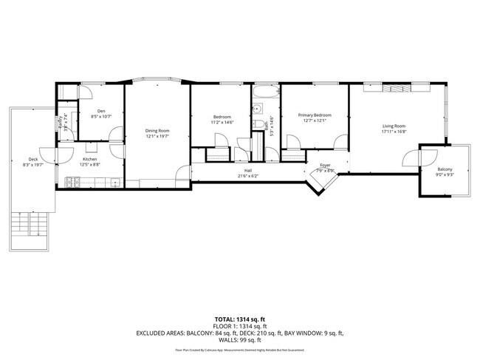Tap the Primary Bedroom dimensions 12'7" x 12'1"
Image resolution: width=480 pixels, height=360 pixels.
pos(315,121)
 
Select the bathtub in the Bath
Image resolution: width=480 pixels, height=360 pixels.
pos(264,95)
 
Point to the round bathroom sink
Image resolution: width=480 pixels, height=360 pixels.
pos(256,108)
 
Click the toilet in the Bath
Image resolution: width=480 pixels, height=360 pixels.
pos(257,124)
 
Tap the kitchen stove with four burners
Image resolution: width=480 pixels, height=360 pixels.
pos(70,181)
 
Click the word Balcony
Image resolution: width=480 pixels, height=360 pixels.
pos(434,169)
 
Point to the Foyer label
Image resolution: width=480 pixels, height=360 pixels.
pos(325,166)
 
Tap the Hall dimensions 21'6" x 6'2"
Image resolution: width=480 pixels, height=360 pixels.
pos(247,176)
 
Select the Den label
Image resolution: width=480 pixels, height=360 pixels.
pos(100,111)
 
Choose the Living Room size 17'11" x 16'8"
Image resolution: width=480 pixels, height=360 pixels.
pos(394,132)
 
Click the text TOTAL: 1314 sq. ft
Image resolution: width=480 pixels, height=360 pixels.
pos(240,319)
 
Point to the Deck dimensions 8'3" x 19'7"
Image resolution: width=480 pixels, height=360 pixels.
pos(33,164)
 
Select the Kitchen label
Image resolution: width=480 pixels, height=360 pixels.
pos(90,159)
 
